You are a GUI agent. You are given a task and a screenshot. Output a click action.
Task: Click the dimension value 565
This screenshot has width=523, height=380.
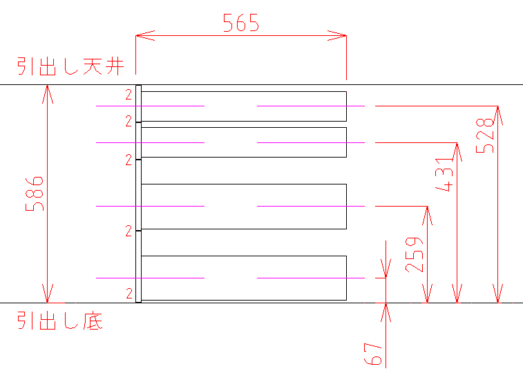[240, 23]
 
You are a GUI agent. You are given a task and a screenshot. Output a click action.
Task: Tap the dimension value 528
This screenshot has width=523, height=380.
[486, 133]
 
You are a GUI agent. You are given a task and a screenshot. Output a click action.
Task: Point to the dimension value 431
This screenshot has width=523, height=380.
[446, 179]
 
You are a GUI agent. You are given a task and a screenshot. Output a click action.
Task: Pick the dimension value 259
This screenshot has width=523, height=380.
[415, 255]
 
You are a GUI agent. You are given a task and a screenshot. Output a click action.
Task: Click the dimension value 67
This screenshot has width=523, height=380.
[372, 353]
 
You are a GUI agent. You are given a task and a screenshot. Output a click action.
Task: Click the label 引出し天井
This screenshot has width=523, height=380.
[70, 66]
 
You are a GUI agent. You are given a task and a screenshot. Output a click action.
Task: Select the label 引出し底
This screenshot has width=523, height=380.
[60, 321]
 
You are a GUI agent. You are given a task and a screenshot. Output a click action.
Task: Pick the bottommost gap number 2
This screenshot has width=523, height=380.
[129, 293]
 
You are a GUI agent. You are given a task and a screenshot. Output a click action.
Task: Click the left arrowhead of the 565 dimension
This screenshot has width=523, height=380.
[139, 33]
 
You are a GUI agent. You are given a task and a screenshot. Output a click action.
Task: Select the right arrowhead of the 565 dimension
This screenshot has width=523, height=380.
[342, 33]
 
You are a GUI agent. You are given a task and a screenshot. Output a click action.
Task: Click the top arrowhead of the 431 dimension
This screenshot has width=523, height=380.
[457, 147]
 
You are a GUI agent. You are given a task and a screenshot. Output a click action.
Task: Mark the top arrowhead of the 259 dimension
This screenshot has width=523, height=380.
[428, 211]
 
